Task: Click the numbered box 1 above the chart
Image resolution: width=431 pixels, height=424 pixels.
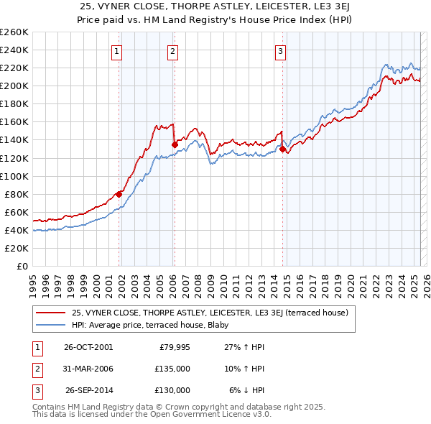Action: click(x=116, y=51)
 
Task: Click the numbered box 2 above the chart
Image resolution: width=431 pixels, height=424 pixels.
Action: click(x=173, y=51)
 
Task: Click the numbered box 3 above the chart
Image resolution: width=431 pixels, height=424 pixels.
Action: click(x=280, y=51)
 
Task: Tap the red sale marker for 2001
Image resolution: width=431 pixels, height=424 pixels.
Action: click(x=119, y=193)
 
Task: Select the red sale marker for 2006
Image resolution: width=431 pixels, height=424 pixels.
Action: click(x=175, y=144)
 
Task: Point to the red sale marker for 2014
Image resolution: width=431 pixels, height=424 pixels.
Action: click(x=282, y=149)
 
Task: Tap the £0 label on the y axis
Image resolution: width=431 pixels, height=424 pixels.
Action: click(x=22, y=266)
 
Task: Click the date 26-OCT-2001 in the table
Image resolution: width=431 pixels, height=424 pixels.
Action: click(x=88, y=347)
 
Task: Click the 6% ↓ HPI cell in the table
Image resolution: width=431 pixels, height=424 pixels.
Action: click(x=246, y=390)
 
